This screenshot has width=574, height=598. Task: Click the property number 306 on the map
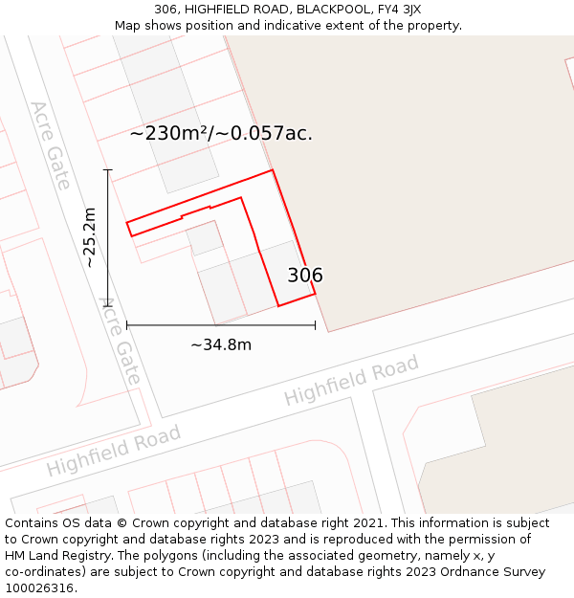click(x=305, y=276)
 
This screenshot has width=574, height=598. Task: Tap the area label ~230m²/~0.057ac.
click(x=221, y=134)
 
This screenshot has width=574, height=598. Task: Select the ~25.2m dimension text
click(x=89, y=237)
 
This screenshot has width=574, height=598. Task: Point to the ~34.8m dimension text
click(x=221, y=344)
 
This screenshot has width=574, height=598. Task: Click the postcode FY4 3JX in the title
click(x=398, y=10)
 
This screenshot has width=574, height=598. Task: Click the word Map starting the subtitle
click(x=127, y=26)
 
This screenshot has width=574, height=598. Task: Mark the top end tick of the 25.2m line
click(x=108, y=170)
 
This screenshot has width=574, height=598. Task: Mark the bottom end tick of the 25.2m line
click(x=108, y=305)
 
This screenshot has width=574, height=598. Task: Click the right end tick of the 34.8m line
click(x=315, y=325)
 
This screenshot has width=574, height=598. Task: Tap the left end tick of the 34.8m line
click(x=127, y=325)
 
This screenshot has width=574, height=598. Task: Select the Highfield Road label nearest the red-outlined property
click(x=351, y=381)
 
